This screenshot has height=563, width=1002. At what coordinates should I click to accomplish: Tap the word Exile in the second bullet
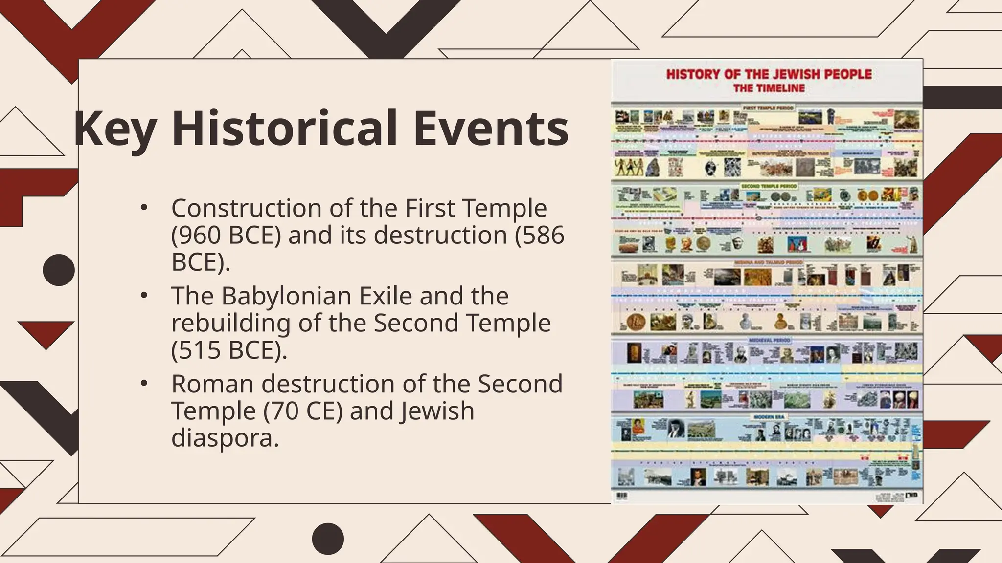pos(386,296)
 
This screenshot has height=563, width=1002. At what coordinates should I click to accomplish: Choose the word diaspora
pos(225,437)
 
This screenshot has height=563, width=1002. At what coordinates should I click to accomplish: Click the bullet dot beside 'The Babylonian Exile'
pos(143,296)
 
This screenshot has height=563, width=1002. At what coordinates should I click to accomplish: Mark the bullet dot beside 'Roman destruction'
pos(143,384)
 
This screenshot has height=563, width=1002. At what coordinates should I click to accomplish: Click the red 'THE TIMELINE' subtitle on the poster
pos(769,88)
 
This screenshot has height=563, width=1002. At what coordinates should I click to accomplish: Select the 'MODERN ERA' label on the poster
pos(769,417)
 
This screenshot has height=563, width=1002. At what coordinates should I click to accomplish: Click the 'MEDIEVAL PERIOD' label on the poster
pos(769,340)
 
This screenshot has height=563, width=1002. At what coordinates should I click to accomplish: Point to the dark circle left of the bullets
pos(59,270)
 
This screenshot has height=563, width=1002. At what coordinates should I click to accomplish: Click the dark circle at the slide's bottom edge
pos(328,539)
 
